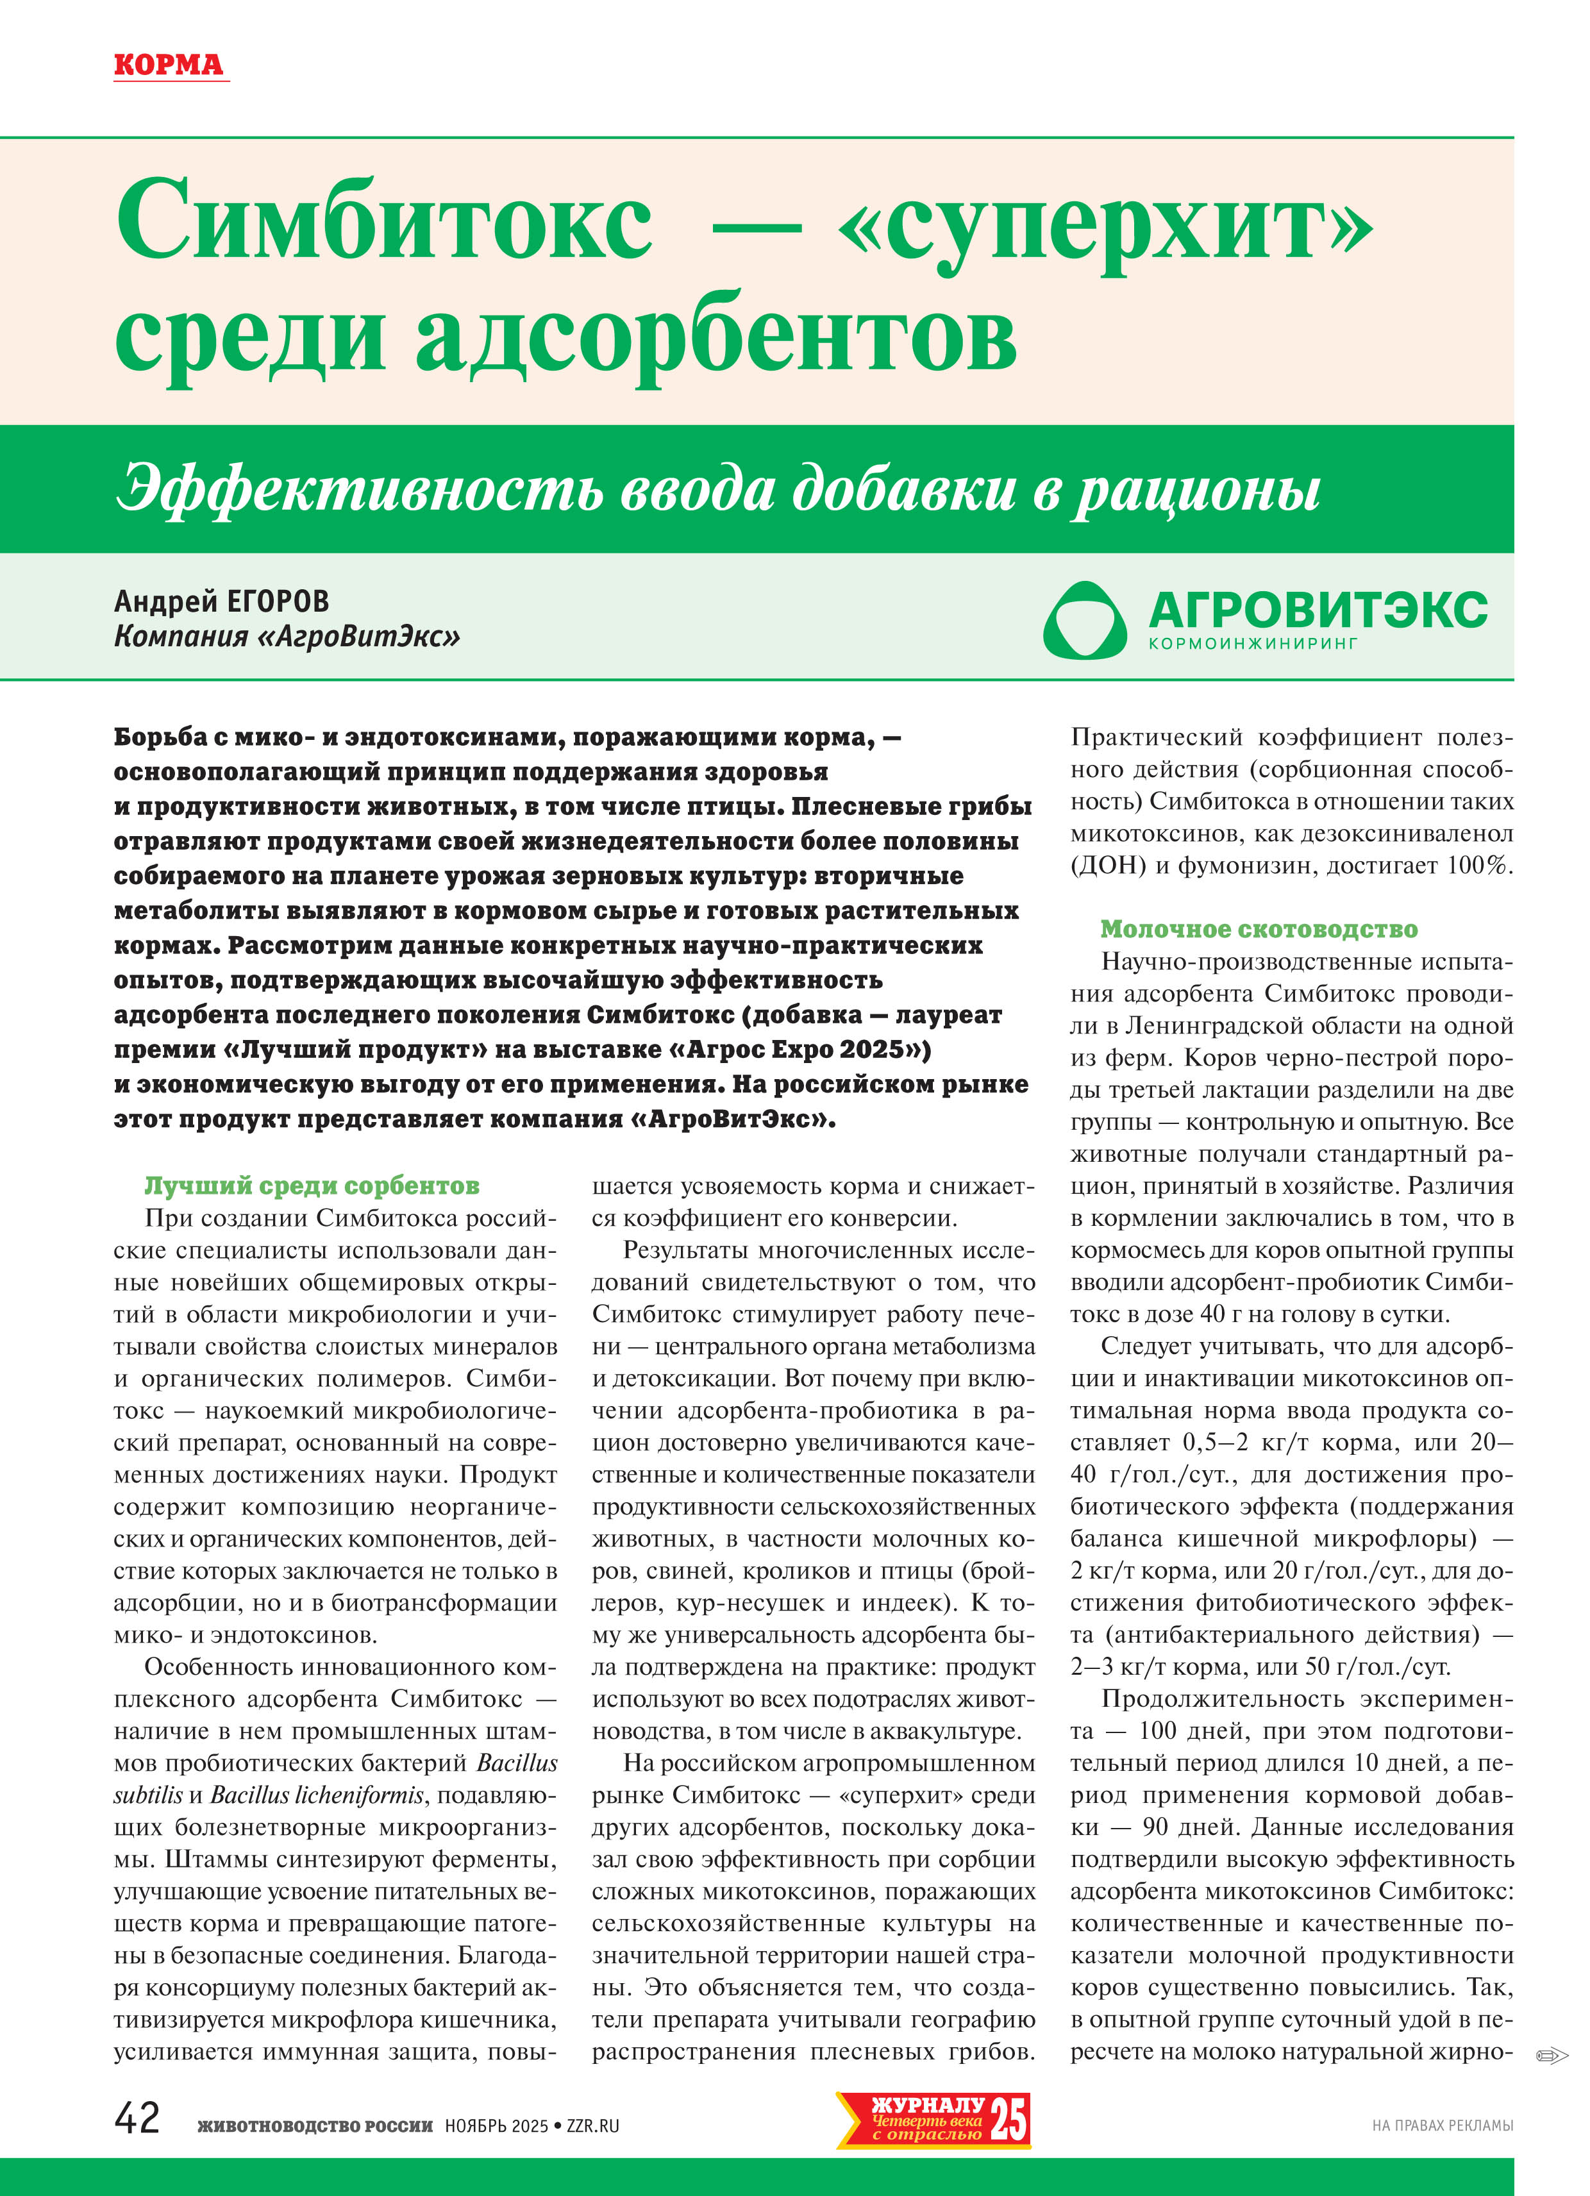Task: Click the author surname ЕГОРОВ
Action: pyautogui.click(x=277, y=602)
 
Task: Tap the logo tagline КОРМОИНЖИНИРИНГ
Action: pyautogui.click(x=1253, y=643)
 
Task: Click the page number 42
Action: pyautogui.click(x=137, y=2118)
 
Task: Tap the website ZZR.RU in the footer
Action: pyautogui.click(x=592, y=2126)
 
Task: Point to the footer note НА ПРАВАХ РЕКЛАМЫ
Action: pyautogui.click(x=1442, y=2126)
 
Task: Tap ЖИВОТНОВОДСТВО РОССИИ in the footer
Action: pyautogui.click(x=315, y=2126)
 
